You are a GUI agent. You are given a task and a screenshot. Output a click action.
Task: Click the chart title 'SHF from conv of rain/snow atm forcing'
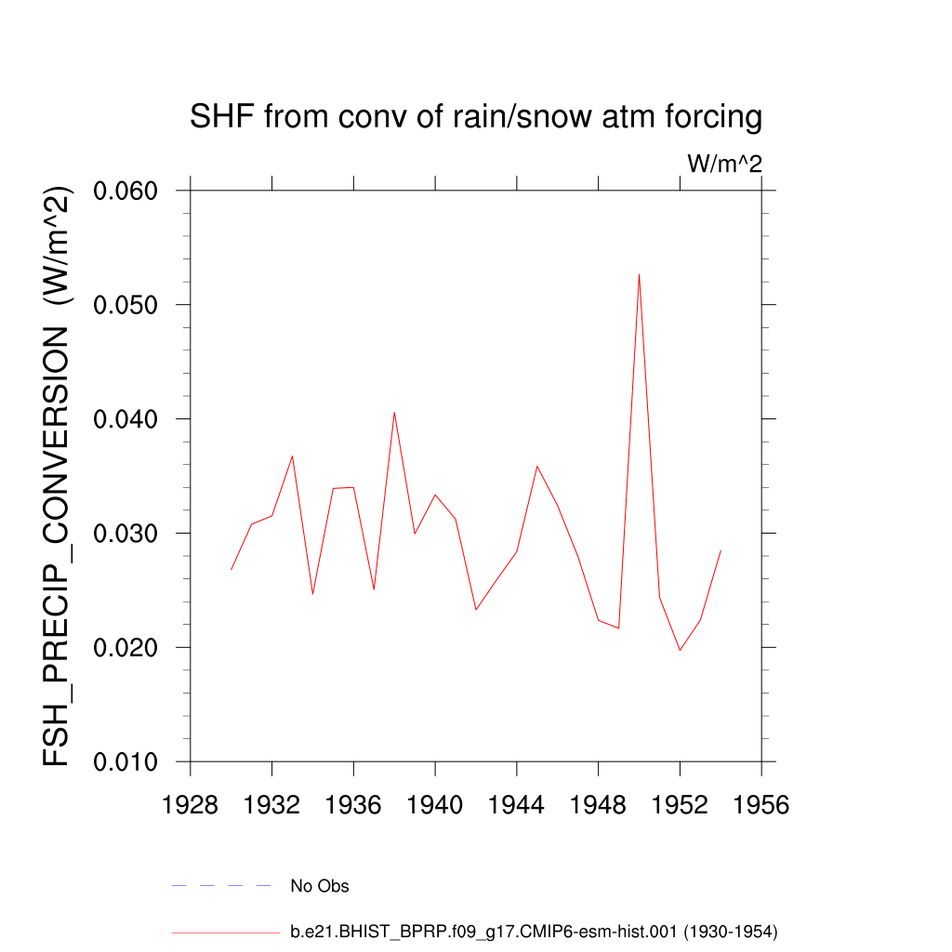pos(475,118)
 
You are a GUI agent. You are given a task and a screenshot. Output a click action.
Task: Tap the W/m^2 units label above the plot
pos(724,165)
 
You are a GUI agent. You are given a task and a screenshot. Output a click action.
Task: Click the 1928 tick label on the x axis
pos(191,805)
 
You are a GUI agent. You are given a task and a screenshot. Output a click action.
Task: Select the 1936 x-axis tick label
pos(353,805)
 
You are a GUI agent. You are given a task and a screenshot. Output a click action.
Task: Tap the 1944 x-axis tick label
pos(517,805)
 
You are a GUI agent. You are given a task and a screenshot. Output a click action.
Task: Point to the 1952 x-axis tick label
pos(680,805)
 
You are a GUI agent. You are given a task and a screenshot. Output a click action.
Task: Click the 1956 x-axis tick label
pos(761,805)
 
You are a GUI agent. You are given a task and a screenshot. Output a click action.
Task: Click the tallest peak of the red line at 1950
pos(639,274)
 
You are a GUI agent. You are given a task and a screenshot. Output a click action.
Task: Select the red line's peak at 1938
pos(394,412)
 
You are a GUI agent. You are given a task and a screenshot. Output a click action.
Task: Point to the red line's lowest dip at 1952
pos(680,650)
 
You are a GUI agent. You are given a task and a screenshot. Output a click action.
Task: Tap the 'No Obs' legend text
pos(320,886)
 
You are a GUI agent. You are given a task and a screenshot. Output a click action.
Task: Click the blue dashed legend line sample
pos(221,886)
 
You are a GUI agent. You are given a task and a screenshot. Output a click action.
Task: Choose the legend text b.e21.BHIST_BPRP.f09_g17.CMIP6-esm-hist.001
pos(534,931)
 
